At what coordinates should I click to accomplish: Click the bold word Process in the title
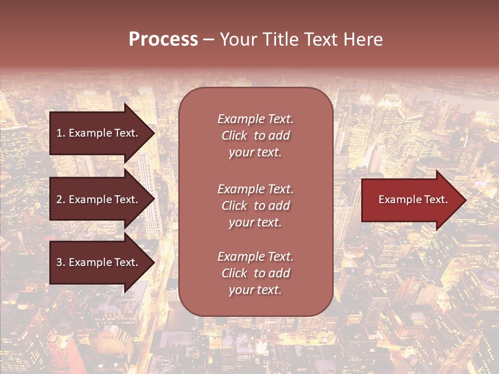163,39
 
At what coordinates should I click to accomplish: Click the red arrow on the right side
411,199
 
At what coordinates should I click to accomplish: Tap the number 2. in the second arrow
61,199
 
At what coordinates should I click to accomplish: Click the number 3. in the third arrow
61,262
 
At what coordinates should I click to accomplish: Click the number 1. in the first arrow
60,133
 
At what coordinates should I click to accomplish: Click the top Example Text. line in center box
255,119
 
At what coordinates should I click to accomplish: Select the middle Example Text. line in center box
255,189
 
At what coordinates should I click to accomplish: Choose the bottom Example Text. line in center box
255,257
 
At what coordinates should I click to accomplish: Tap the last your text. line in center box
255,290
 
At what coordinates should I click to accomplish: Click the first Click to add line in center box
255,136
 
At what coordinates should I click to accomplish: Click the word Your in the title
238,39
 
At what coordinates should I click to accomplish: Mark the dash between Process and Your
208,39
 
